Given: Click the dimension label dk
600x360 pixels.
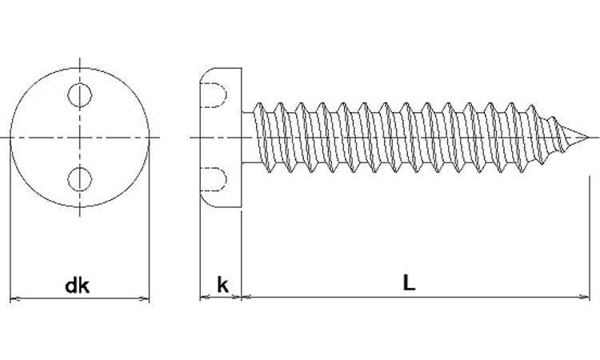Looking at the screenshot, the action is pyautogui.click(x=78, y=286).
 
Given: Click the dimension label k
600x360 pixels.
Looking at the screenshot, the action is pyautogui.click(x=222, y=285).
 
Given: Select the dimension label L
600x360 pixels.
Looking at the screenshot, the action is pyautogui.click(x=409, y=282).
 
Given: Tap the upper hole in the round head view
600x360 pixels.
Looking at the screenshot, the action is pyautogui.click(x=79, y=95).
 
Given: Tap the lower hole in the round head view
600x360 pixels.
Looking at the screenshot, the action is pyautogui.click(x=79, y=179).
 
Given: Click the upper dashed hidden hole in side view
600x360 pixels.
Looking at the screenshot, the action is pyautogui.click(x=214, y=95).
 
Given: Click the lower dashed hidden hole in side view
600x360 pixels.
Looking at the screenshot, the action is pyautogui.click(x=214, y=179).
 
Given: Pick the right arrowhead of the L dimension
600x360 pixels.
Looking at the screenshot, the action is pyautogui.click(x=586, y=296).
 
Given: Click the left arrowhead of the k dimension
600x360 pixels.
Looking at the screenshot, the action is pyautogui.click(x=204, y=296).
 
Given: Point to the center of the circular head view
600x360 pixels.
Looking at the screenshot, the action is pyautogui.click(x=79, y=137).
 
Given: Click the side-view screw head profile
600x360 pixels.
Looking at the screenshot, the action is pyautogui.click(x=221, y=138).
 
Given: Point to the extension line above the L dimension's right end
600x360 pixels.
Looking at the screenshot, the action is pyautogui.click(x=590, y=237).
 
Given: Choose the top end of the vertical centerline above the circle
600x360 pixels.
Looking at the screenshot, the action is pyautogui.click(x=79, y=58).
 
